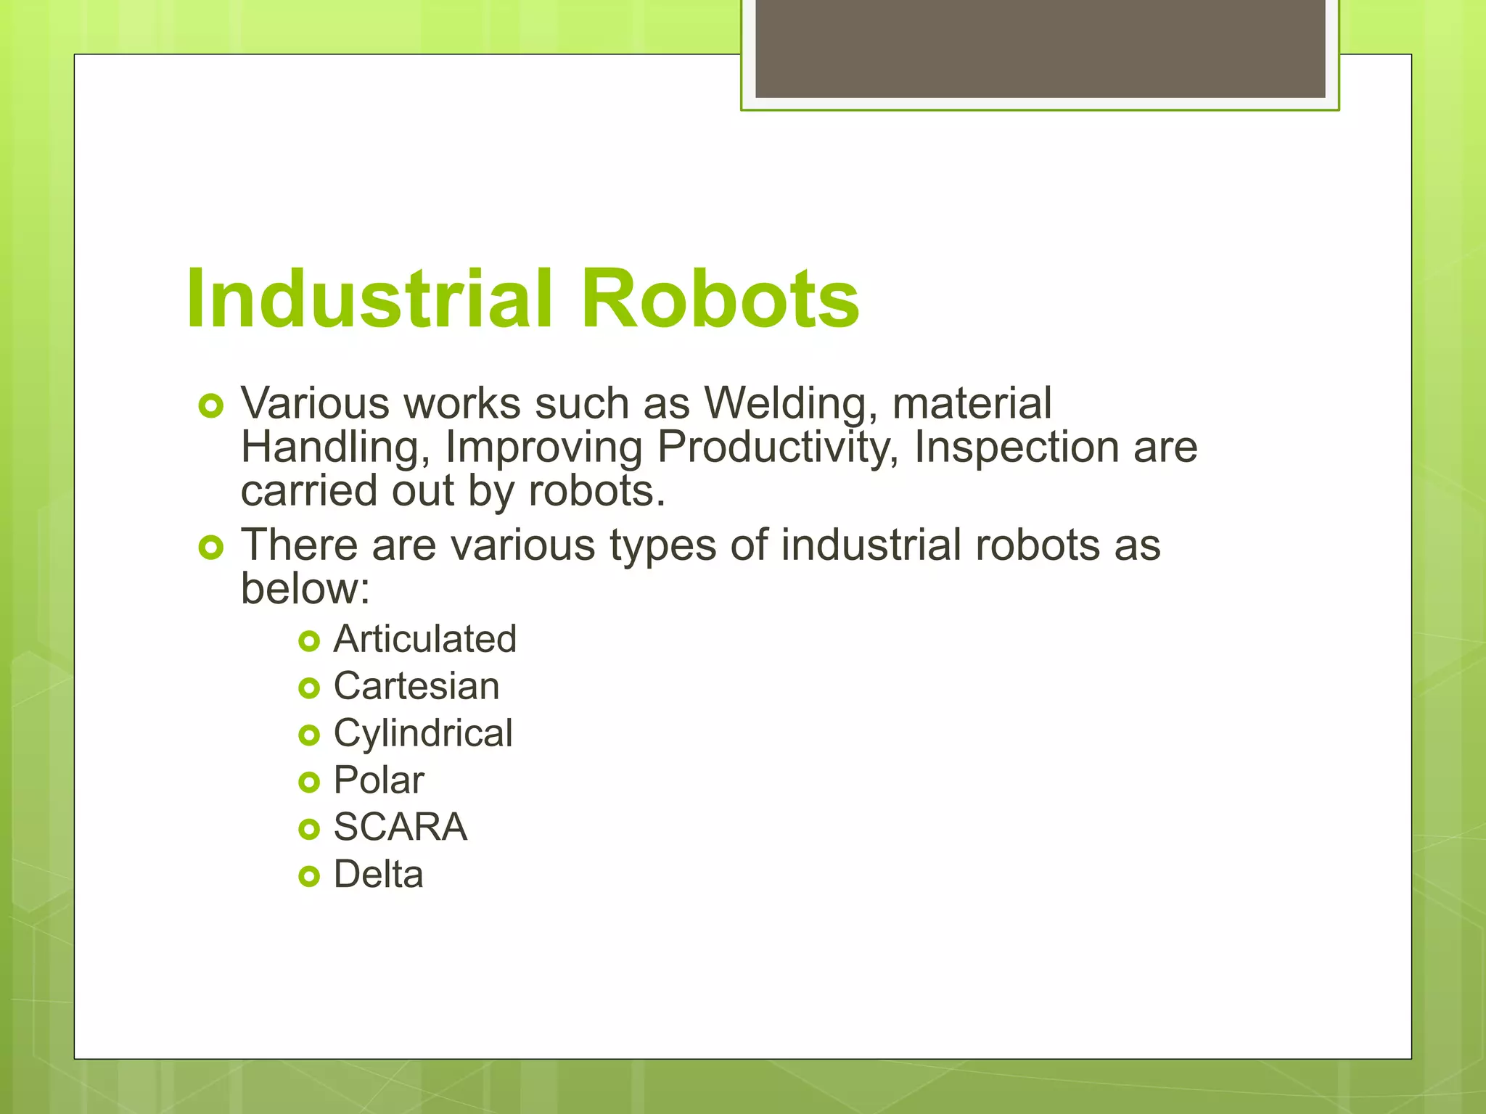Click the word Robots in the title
click(720, 299)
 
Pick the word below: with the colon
click(305, 588)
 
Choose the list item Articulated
click(424, 640)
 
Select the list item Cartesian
click(416, 687)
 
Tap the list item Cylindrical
click(423, 733)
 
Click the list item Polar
click(378, 780)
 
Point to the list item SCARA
click(400, 828)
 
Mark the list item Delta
click(378, 875)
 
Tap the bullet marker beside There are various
click(210, 548)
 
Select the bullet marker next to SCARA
click(309, 829)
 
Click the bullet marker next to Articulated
click(309, 641)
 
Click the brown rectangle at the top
click(1040, 48)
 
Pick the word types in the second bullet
click(662, 545)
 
